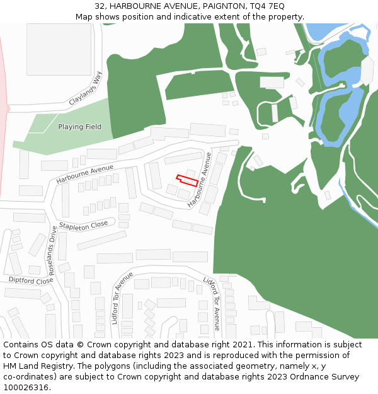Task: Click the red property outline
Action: (187, 180)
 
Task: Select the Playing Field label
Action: (79, 127)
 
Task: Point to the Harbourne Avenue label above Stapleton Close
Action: (84, 174)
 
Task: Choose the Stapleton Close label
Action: (83, 225)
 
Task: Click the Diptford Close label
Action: (30, 280)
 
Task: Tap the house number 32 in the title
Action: (100, 6)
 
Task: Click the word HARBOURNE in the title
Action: (135, 6)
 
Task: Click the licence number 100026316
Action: (26, 388)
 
